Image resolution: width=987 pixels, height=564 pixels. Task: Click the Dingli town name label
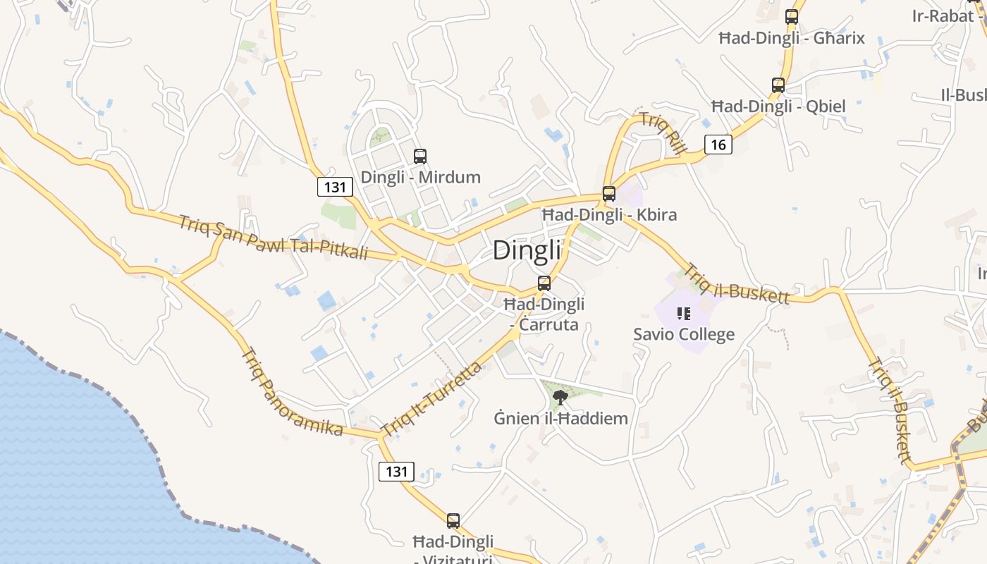click(527, 250)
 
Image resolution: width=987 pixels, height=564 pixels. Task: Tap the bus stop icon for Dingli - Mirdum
click(420, 157)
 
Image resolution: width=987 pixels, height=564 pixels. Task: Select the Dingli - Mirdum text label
click(420, 177)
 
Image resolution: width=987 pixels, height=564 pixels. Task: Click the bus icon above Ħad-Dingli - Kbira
click(609, 194)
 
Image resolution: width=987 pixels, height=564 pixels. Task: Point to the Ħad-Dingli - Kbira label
click(609, 214)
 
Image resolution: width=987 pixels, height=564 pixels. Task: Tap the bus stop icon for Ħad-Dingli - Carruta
click(544, 283)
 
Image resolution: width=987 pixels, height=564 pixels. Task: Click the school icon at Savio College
click(683, 314)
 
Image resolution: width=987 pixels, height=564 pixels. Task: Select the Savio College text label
click(683, 334)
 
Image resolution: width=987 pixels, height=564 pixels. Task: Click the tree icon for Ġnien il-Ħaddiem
click(560, 398)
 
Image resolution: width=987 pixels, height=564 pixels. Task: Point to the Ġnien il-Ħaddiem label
click(560, 418)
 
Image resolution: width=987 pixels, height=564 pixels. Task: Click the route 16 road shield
click(718, 145)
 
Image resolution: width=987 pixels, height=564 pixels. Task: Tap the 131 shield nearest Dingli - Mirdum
click(335, 187)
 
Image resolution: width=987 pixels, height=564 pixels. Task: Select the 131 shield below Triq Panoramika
click(396, 471)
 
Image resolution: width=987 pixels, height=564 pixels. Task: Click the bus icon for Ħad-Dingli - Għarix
click(792, 17)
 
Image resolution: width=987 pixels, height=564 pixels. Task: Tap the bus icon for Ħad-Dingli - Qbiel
click(778, 85)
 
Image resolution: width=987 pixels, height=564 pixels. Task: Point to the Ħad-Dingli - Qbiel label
click(778, 106)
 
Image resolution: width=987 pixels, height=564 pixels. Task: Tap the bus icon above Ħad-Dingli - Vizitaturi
click(453, 521)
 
